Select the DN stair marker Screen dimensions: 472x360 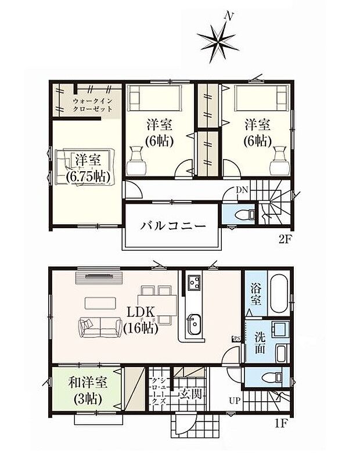(x=242, y=190)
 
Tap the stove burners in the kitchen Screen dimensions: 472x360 (x=193, y=283)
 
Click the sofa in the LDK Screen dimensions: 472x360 (x=96, y=327)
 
